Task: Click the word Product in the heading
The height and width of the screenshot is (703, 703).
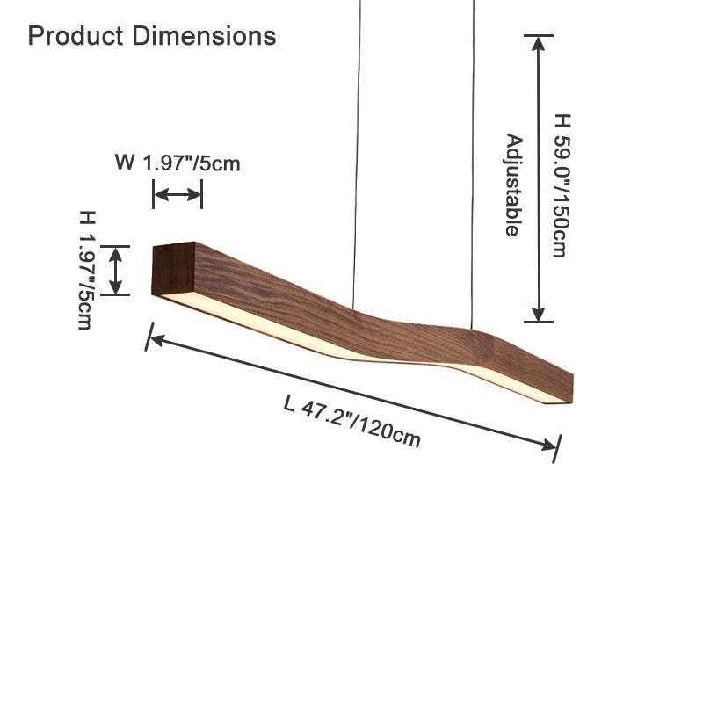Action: point(76,36)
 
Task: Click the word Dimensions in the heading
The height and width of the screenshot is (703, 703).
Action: point(204,36)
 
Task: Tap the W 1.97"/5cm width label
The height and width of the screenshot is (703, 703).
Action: point(178,163)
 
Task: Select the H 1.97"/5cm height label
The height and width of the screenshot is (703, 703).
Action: point(87,270)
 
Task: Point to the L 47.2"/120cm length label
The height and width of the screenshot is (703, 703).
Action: point(352,422)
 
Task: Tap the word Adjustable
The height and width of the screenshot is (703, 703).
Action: point(514,185)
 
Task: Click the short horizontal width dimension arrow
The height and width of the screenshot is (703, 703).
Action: point(178,194)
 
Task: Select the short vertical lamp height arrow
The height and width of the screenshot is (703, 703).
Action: point(116,271)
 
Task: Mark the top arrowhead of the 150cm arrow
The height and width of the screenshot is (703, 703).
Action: point(539,43)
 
